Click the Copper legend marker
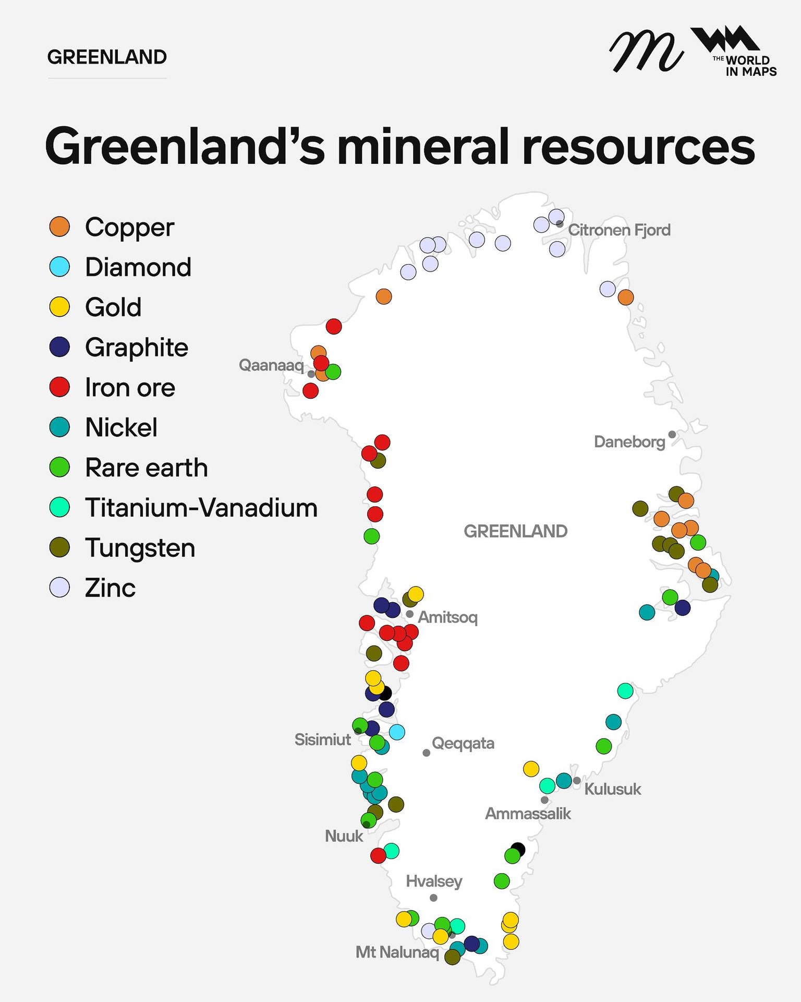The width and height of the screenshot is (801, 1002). [59, 227]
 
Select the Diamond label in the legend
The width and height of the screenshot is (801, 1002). [138, 267]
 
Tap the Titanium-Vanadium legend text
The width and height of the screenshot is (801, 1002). [201, 508]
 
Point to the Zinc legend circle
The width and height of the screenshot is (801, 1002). [59, 587]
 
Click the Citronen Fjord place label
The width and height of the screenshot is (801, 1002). [619, 230]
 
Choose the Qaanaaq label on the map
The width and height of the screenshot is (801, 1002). [271, 365]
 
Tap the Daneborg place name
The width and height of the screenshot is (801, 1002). [629, 442]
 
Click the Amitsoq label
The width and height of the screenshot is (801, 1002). [447, 617]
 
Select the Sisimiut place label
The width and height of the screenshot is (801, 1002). [323, 739]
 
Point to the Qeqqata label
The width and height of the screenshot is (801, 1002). [463, 743]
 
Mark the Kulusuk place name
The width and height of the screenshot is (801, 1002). [612, 789]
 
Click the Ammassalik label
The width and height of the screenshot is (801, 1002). [528, 814]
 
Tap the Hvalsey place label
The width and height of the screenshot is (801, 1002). [434, 881]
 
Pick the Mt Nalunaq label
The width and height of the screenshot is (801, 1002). [397, 952]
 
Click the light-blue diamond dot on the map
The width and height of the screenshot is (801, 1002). [397, 732]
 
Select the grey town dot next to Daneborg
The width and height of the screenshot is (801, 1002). [672, 434]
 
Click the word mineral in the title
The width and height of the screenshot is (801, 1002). [423, 147]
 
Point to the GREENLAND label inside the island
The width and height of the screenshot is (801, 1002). [515, 531]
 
